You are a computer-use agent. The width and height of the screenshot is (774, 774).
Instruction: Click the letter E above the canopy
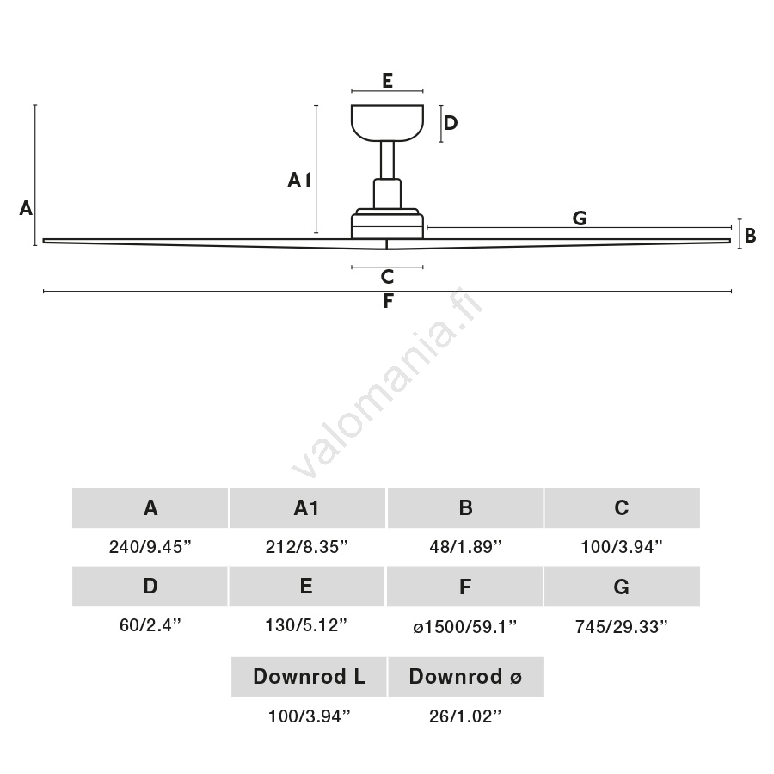(x=387, y=81)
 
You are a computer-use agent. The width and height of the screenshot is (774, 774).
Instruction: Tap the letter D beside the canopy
(x=450, y=123)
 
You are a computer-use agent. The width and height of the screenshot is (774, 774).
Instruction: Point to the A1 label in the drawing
(x=298, y=180)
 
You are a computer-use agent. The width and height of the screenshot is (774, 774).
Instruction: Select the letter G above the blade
(x=580, y=218)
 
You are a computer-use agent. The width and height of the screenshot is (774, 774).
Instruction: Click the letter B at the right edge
(x=750, y=235)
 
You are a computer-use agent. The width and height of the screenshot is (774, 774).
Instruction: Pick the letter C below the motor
(x=387, y=277)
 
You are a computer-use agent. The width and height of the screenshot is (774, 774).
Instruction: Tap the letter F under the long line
(x=388, y=302)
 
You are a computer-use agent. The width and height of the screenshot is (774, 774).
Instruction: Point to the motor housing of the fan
(x=387, y=224)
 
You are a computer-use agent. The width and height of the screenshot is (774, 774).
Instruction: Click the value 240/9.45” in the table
(x=150, y=547)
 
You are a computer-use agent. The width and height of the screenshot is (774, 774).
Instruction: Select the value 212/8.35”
(x=307, y=547)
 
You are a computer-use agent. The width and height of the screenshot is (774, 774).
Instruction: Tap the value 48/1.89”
(x=465, y=547)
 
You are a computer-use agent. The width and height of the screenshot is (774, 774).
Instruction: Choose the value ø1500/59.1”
(x=465, y=627)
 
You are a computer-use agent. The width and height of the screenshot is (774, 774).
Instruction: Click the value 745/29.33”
(x=622, y=627)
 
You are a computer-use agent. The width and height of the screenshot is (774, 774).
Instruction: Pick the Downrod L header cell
(x=309, y=677)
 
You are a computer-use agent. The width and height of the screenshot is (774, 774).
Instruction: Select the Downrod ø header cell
(x=465, y=677)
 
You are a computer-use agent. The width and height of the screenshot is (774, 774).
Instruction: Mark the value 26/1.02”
(x=465, y=716)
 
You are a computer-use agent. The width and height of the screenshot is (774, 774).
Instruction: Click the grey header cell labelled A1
(x=307, y=508)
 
